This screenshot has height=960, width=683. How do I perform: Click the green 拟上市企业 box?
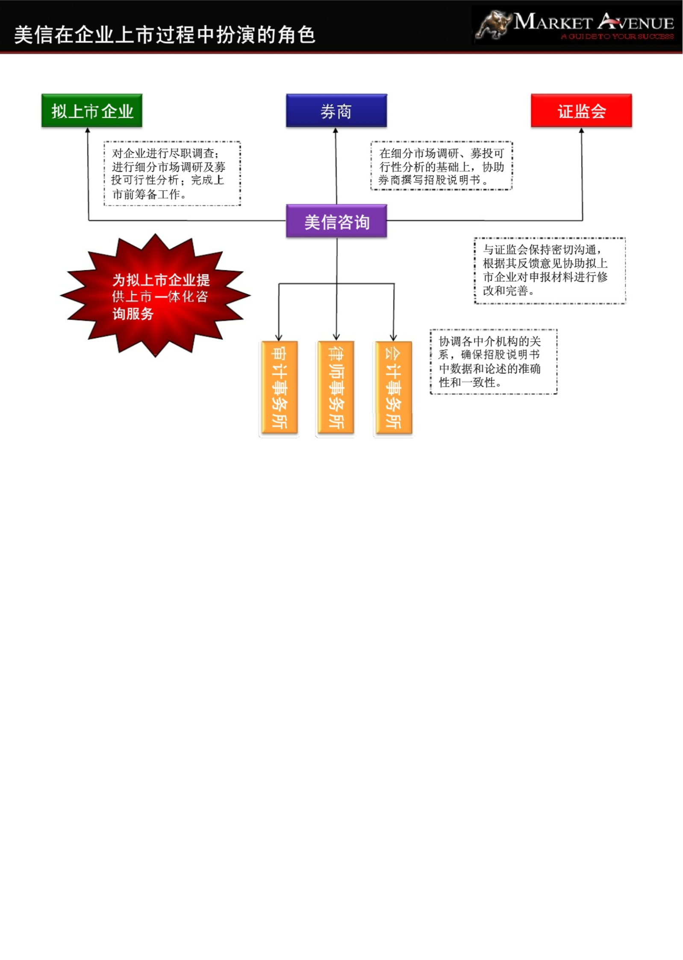92,111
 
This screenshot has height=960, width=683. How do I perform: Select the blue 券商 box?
336,111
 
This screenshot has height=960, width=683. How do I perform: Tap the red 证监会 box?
581,111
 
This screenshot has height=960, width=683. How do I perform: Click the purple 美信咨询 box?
336,221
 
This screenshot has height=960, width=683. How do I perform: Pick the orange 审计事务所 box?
279,388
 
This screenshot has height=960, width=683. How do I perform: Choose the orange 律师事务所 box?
336,388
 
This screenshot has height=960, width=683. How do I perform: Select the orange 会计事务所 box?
394,388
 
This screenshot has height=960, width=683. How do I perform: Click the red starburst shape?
155,295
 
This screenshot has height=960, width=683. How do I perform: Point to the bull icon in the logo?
494,25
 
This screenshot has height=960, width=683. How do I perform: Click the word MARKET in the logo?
553,21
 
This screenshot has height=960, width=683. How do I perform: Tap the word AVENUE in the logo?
636,21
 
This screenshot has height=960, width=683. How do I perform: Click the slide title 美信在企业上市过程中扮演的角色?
165,35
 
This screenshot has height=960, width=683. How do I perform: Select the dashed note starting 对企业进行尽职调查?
172,174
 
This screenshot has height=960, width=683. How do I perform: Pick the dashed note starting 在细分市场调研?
442,166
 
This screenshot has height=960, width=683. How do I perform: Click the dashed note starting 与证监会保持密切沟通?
550,271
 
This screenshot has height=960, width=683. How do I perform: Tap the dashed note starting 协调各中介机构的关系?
494,362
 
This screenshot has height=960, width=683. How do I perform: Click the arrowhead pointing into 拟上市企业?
88,130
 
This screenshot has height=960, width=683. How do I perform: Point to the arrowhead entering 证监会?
582,130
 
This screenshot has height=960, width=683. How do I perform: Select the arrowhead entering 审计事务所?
279,338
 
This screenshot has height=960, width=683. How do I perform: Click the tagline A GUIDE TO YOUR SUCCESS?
618,37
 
